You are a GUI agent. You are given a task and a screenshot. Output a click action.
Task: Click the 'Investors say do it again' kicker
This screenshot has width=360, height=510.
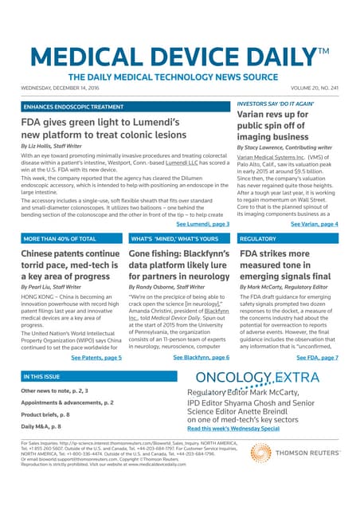[275, 104]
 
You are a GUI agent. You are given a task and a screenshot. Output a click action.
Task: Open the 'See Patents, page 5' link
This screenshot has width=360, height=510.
[96, 358]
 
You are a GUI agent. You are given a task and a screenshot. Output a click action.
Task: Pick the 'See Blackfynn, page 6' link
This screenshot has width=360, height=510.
[202, 358]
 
